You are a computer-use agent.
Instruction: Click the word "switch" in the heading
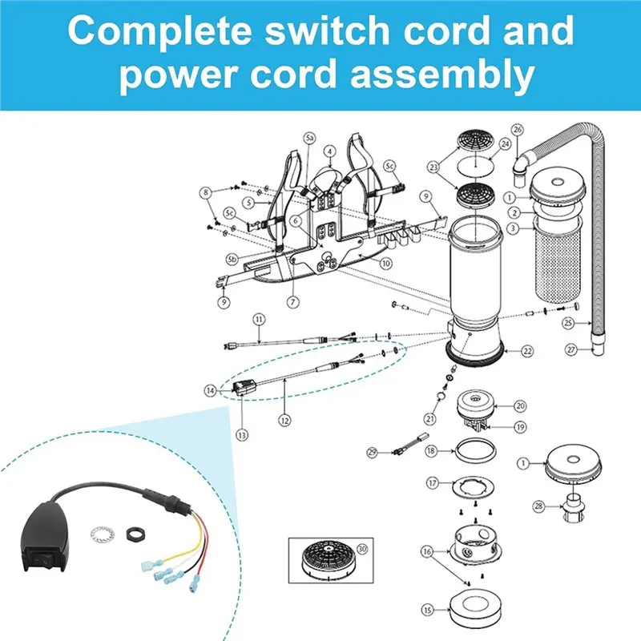tap(328, 30)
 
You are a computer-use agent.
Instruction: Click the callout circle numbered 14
tap(211, 391)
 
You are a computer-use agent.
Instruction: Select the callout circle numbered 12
tap(284, 420)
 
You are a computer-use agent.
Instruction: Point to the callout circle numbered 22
tap(527, 351)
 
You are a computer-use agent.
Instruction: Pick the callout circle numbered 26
tap(518, 130)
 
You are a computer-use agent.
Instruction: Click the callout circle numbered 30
tap(362, 549)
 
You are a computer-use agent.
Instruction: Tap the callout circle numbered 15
tap(427, 611)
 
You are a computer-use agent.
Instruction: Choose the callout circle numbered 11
tap(259, 319)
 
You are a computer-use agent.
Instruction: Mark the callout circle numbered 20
tap(520, 406)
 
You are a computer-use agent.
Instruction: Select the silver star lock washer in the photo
tap(103, 534)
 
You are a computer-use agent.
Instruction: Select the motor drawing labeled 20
tap(475, 405)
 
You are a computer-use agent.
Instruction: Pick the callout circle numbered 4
tap(330, 151)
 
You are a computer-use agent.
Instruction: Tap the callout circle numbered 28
tap(538, 506)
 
